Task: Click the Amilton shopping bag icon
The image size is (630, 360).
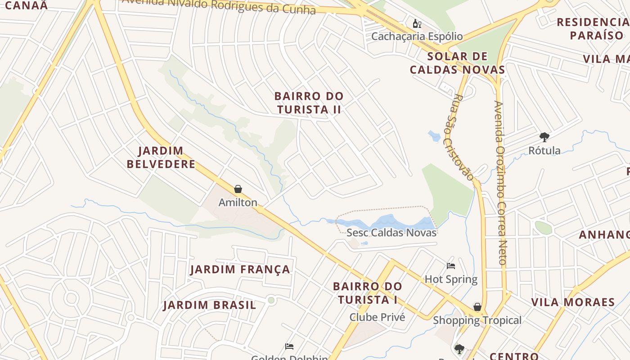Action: click(x=238, y=189)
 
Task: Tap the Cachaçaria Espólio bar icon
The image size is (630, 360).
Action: click(x=417, y=23)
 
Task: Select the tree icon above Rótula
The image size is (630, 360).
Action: click(x=544, y=137)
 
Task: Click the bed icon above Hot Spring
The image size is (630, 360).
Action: click(x=451, y=266)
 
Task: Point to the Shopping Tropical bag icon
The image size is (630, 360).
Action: click(x=477, y=307)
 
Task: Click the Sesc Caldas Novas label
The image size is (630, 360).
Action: click(x=391, y=233)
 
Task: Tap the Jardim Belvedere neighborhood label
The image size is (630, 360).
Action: click(x=161, y=157)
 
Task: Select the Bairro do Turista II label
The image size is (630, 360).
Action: click(x=309, y=103)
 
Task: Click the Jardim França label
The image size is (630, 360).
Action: click(x=240, y=270)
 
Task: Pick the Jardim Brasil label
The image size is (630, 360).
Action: click(x=210, y=305)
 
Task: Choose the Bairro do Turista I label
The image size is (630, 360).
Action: click(x=368, y=293)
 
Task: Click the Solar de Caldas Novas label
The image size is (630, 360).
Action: click(x=458, y=63)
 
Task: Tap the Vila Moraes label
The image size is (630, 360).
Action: click(x=573, y=302)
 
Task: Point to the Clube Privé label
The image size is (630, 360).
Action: click(x=377, y=317)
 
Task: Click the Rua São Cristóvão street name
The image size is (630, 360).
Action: click(x=463, y=137)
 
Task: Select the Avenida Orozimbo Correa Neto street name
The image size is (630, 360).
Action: click(x=501, y=182)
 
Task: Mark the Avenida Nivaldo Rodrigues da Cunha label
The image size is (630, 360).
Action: click(x=219, y=5)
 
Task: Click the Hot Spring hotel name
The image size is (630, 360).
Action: click(x=451, y=279)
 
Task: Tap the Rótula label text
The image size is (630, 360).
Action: click(x=544, y=150)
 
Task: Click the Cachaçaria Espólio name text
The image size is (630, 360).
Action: click(x=417, y=36)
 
